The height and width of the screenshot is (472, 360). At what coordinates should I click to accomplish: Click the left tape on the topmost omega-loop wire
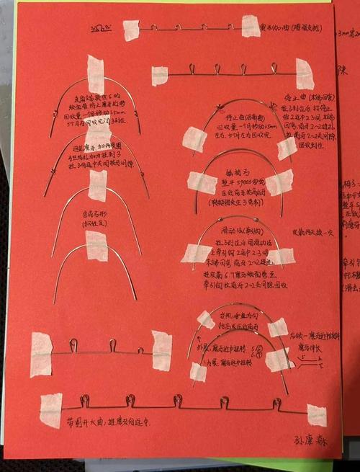131,30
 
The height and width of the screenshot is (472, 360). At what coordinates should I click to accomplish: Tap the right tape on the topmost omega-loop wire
251,26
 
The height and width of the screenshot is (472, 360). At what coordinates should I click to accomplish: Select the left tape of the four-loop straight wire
159,76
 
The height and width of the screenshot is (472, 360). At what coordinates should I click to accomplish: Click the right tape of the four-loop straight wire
305,74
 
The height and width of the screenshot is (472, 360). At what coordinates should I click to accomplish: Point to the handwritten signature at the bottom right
310,440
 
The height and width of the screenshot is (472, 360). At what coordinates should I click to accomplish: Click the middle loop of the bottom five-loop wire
178,399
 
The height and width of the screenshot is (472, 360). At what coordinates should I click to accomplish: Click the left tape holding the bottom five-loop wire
50,410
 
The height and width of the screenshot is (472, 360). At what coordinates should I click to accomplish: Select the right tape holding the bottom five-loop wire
316,415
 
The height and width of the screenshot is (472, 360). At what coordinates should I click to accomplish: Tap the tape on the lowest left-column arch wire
96,246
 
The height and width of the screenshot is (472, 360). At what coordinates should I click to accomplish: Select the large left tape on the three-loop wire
41,354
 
